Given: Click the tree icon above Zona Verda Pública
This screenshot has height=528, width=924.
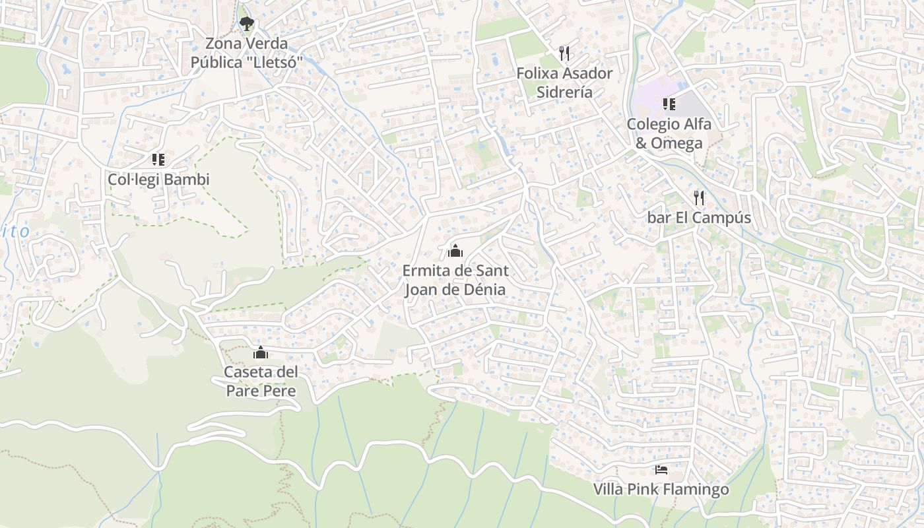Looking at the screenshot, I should pyautogui.click(x=247, y=24).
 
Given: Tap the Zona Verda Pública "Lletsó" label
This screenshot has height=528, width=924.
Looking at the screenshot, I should pyautogui.click(x=247, y=53).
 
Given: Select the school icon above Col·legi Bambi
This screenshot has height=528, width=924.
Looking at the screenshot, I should pyautogui.click(x=158, y=160).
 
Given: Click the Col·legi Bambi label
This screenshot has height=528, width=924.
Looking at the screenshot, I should pyautogui.click(x=158, y=180).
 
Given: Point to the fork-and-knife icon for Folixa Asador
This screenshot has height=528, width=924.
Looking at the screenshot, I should pyautogui.click(x=564, y=53).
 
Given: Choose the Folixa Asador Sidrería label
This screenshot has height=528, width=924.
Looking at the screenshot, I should pyautogui.click(x=564, y=82).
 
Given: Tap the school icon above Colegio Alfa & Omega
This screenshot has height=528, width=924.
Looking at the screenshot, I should pyautogui.click(x=669, y=104).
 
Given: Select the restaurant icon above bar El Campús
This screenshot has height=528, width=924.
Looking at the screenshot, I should pyautogui.click(x=699, y=197).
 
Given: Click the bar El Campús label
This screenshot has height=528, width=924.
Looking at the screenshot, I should pyautogui.click(x=699, y=218).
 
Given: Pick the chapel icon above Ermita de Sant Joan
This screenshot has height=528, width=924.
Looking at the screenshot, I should pyautogui.click(x=455, y=251).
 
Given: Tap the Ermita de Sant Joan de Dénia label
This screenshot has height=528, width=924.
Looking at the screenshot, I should pyautogui.click(x=455, y=280).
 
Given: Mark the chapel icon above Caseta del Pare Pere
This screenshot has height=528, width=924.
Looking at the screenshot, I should pyautogui.click(x=261, y=352).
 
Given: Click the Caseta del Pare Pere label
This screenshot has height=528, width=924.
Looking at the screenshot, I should pyautogui.click(x=261, y=381).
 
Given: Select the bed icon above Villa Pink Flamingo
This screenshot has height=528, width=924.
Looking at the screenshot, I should pyautogui.click(x=661, y=470).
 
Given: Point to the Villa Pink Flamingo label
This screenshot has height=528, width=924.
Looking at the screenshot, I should pyautogui.click(x=661, y=490).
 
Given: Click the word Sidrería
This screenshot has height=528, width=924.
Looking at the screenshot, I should pyautogui.click(x=564, y=92).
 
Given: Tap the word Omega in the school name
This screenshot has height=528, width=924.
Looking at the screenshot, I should pyautogui.click(x=676, y=143).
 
